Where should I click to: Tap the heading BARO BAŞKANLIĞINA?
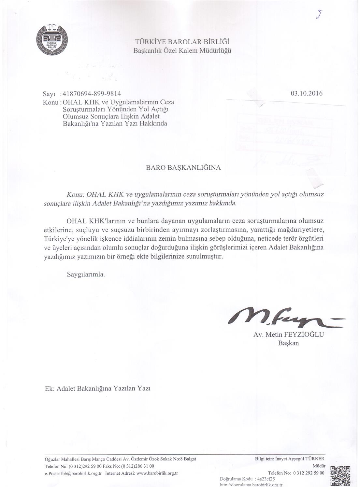(183, 168)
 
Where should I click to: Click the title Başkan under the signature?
(288, 343)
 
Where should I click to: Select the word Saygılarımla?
(86, 274)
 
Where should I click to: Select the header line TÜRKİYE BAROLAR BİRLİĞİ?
(182, 42)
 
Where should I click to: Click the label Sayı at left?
(50, 94)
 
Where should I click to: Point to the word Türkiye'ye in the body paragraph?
(59, 238)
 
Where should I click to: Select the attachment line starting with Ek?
(98, 389)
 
